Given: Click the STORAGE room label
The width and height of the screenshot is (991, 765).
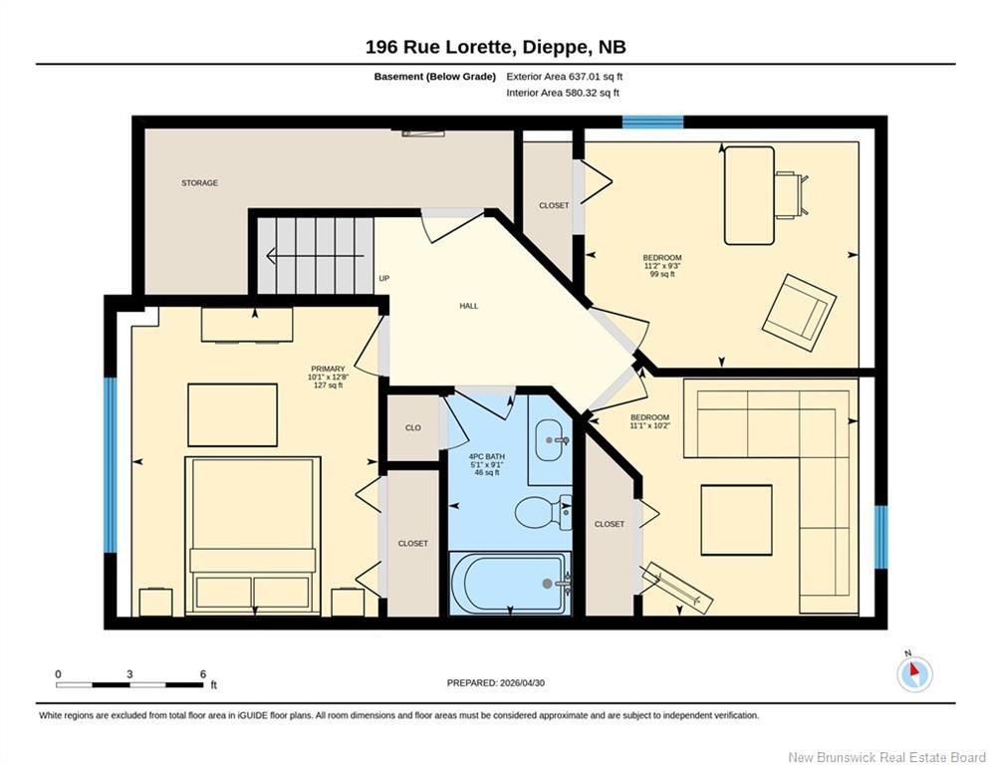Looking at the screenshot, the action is (200, 182).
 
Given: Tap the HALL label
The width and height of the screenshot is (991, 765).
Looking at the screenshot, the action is (469, 306).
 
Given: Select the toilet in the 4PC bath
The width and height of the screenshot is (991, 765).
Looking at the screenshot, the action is (543, 512).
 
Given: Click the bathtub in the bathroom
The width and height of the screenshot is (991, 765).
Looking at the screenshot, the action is (510, 583).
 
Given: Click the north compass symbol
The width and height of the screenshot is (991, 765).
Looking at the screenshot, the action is (914, 673).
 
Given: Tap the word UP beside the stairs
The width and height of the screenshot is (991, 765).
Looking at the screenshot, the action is (384, 278).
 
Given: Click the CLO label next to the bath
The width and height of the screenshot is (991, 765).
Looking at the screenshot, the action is (412, 428).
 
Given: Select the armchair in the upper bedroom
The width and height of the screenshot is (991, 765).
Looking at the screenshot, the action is (800, 313).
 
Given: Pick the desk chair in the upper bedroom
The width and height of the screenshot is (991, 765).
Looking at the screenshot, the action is (793, 194).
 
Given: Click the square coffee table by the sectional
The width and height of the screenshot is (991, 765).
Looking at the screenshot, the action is (736, 520).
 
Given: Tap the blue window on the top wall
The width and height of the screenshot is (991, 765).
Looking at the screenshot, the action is (653, 122).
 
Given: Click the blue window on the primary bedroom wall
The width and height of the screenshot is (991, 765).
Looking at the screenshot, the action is (111, 465).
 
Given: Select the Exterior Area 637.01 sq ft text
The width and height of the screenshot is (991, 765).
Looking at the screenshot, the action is (565, 77).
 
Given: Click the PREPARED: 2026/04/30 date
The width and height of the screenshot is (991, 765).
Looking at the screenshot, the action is (496, 682).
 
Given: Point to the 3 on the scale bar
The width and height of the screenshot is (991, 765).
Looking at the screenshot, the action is (129, 674).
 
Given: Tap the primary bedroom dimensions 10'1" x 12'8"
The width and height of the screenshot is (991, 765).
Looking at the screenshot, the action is (328, 377).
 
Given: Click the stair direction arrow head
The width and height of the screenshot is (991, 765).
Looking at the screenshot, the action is (272, 256).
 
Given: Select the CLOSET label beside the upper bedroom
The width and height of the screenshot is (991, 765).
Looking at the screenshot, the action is (554, 205).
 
